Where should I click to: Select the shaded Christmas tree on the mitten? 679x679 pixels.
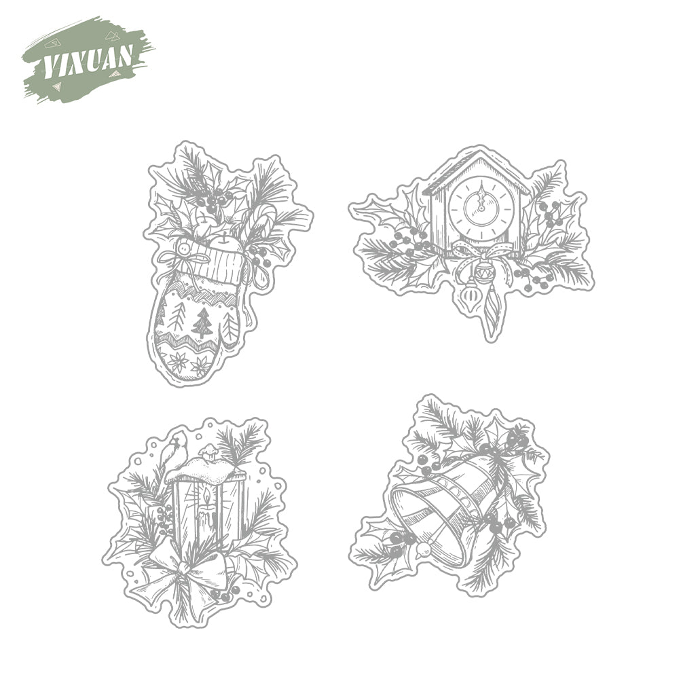pyautogui.click(x=202, y=323)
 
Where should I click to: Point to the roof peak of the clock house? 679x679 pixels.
pyautogui.click(x=479, y=150)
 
